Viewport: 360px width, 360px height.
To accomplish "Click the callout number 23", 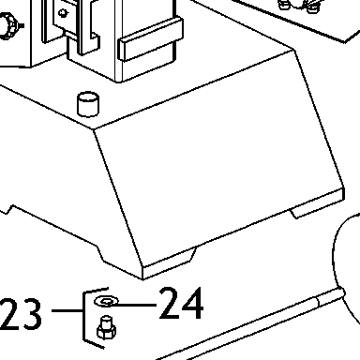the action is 21,314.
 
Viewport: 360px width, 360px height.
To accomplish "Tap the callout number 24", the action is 181,303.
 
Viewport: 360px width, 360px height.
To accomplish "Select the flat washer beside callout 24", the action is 106,301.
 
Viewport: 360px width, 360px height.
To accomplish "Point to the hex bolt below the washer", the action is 106,327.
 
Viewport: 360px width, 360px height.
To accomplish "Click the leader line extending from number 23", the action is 67,310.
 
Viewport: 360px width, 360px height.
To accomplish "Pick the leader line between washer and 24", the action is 133,305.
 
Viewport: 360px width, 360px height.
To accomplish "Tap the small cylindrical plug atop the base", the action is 88,104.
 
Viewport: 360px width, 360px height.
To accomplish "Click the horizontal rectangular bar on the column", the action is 150,39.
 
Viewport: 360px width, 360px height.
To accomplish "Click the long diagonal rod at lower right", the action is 250,325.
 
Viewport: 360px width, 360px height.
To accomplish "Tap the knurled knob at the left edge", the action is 8,26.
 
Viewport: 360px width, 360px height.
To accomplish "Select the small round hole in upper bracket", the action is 64,13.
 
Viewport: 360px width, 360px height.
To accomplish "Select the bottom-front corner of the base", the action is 143,279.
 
